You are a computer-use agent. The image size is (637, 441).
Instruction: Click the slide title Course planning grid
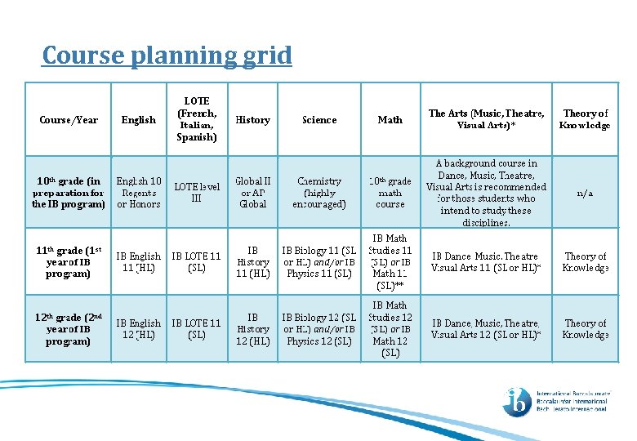167,56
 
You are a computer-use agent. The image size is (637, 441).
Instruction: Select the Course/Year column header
69,120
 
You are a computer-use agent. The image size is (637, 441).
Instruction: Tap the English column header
138,120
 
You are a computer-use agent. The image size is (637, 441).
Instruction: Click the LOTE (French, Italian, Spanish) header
196,119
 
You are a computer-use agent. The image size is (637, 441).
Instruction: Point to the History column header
252,120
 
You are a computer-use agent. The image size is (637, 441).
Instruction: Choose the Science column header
318,120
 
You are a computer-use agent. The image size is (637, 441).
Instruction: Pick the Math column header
390,120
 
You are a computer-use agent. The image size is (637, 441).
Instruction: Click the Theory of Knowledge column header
585,119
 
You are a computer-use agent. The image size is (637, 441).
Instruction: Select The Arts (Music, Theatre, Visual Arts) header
486,119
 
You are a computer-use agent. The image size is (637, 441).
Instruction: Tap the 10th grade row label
69,192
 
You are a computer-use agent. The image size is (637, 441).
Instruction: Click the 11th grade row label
69,262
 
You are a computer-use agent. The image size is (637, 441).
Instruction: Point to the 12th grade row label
69,329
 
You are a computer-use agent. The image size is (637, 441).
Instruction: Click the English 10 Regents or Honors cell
138,192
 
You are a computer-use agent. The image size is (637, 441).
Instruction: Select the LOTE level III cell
196,192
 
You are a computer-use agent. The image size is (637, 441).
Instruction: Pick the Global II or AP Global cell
252,192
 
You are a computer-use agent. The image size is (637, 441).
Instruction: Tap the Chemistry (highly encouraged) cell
318,192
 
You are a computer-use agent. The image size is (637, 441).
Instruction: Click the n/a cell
585,193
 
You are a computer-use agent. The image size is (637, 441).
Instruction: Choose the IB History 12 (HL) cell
252,329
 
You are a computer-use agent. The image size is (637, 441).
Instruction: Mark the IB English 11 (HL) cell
138,262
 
